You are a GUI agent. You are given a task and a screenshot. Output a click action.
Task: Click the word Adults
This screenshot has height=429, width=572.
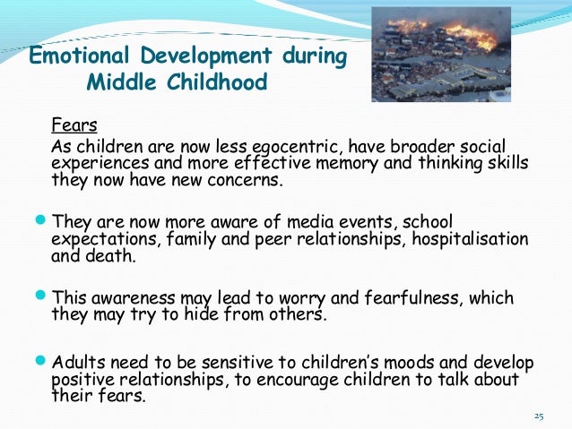78,363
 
